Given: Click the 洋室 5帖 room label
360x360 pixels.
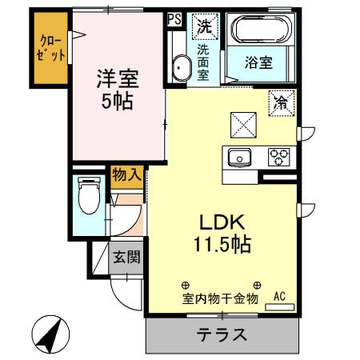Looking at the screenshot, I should click(118, 90).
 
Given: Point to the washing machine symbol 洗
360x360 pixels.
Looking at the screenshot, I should click(205, 26).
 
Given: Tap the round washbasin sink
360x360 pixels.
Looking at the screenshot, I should click(178, 69).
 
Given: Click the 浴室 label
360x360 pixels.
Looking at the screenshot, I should click(261, 61).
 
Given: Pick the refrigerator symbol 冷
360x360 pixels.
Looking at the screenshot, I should click(281, 102).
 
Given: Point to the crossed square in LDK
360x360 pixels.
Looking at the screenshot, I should click(242, 122).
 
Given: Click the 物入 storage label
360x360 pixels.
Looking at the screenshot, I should click(126, 174).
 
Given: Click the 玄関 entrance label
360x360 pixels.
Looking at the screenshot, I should click(126, 258).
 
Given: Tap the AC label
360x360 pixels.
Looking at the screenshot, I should click(279, 297).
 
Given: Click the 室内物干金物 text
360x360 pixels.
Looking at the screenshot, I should click(219, 299).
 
